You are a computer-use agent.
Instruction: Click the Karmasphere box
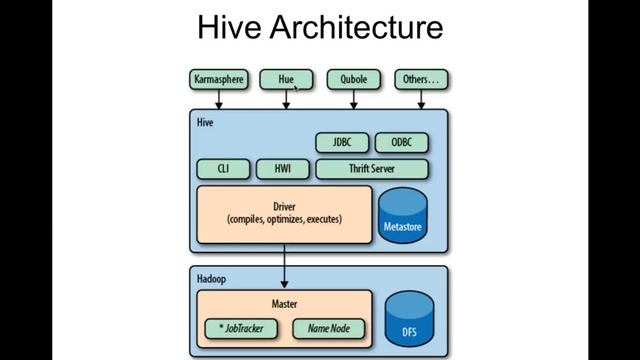click(x=218, y=78)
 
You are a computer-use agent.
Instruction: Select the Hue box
click(x=286, y=78)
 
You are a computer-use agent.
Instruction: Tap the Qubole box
click(x=354, y=78)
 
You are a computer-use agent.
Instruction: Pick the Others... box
click(x=421, y=78)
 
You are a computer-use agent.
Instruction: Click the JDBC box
click(x=342, y=142)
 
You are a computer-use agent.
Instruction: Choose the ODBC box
click(x=401, y=142)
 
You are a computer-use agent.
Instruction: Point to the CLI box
click(x=223, y=169)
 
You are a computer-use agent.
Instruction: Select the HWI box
click(x=282, y=169)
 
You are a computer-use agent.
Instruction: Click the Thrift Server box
click(x=371, y=169)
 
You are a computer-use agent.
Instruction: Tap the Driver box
click(x=284, y=213)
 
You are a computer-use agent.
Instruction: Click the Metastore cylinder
click(x=403, y=215)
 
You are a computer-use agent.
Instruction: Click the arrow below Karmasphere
click(x=218, y=98)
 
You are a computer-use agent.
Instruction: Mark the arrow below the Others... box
click(x=421, y=98)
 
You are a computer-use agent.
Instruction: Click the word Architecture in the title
click(x=358, y=27)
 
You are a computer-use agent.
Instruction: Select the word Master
click(x=284, y=303)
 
